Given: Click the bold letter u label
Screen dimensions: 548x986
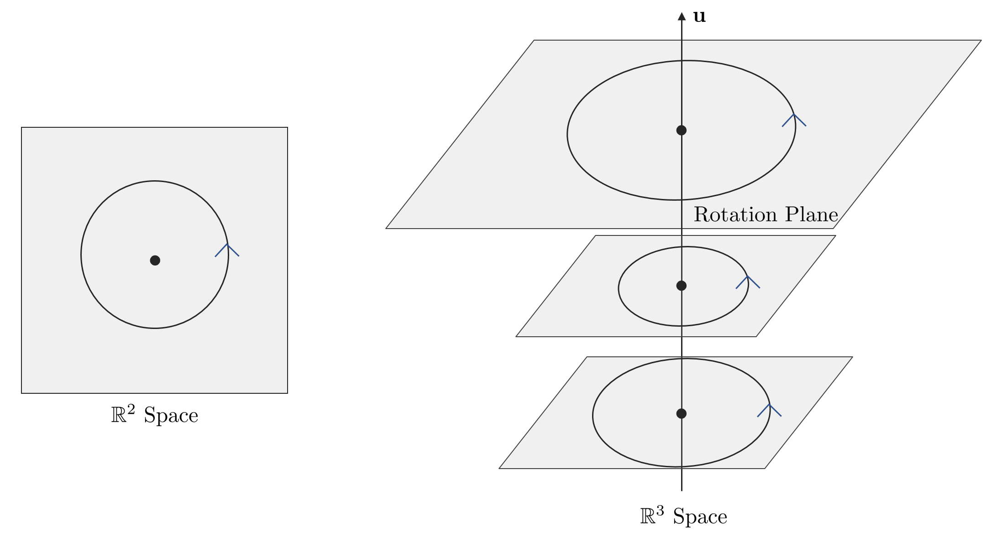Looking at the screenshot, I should click(x=699, y=17).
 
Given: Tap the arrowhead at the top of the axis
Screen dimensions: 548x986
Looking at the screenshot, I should click(x=682, y=16).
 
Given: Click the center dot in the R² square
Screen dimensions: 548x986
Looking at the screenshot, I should click(x=155, y=261).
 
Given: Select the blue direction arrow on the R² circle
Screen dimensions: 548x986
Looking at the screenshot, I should click(x=227, y=250).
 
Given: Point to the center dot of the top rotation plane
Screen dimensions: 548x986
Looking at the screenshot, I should click(x=682, y=130).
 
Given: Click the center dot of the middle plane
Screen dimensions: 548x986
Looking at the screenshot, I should click(x=682, y=286).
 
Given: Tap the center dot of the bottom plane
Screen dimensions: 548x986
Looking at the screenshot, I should click(x=682, y=414).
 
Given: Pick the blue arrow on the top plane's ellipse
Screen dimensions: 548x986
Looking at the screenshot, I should click(x=794, y=120).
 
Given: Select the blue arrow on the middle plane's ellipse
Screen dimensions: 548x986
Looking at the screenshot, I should click(x=748, y=282).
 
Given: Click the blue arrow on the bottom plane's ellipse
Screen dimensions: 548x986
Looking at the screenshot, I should click(x=770, y=410).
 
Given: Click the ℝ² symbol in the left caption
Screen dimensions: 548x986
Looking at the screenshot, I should click(x=123, y=414).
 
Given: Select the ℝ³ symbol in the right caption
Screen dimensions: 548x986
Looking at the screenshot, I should click(x=652, y=516).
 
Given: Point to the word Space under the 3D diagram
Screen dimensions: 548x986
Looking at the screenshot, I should click(x=700, y=517).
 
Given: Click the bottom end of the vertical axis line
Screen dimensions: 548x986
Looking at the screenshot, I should click(x=682, y=491).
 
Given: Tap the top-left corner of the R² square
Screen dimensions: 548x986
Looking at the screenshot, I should click(x=21, y=127).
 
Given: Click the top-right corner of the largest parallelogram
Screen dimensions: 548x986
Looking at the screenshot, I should click(x=981, y=40).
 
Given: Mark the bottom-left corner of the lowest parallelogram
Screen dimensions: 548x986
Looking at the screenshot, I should click(x=499, y=469).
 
